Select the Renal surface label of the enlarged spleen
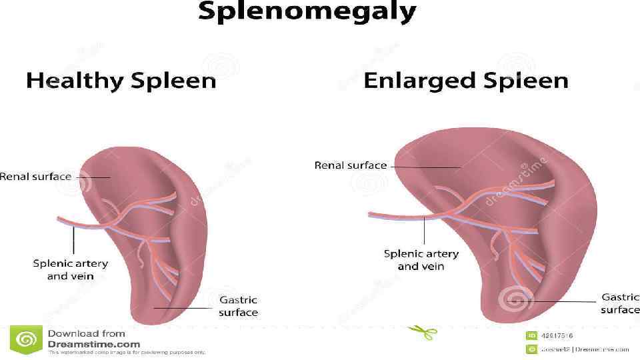[351, 165]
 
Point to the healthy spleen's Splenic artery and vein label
[70, 269]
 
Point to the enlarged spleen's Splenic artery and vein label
[421, 260]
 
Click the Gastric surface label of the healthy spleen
[238, 306]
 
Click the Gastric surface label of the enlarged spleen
[620, 303]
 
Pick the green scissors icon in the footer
[423, 331]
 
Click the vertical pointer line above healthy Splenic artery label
[73, 241]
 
